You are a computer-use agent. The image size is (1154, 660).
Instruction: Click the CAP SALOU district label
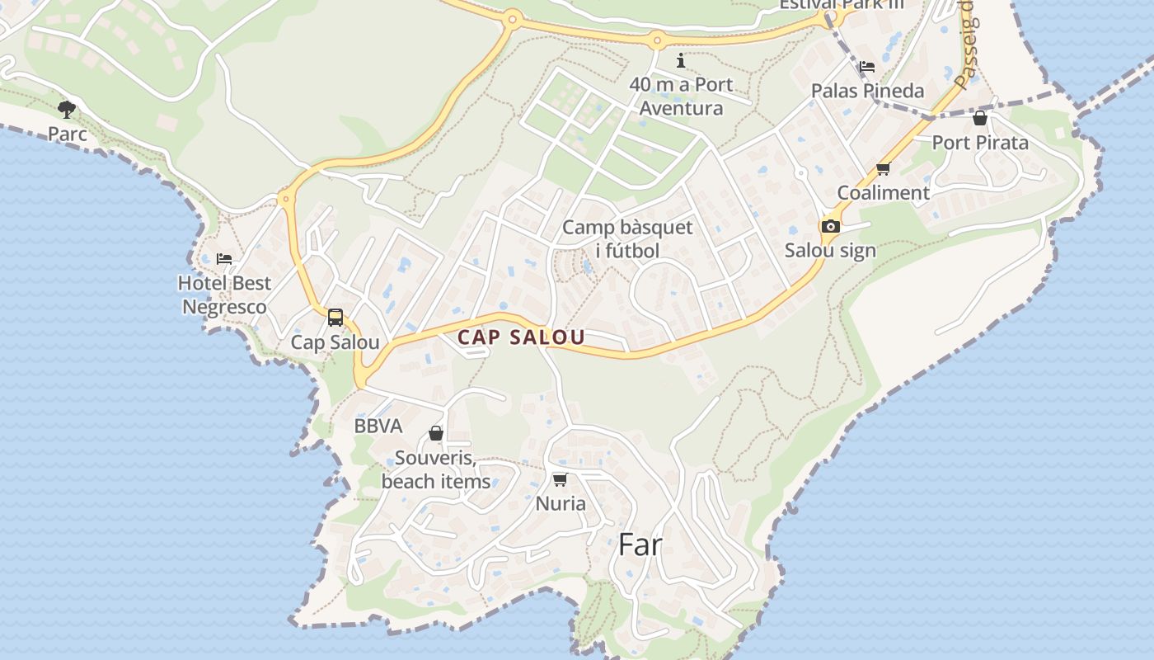click(x=521, y=337)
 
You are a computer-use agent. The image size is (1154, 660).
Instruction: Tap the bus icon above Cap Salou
click(x=335, y=318)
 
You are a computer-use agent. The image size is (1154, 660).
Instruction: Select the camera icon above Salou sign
click(x=830, y=226)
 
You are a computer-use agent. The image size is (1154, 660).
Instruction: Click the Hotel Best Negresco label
click(x=224, y=295)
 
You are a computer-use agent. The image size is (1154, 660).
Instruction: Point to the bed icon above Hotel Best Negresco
click(x=224, y=259)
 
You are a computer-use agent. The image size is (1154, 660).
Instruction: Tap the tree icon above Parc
click(x=67, y=109)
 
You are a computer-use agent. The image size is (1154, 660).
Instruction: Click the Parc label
click(x=67, y=134)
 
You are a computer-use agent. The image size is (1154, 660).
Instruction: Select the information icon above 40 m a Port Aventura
click(x=681, y=60)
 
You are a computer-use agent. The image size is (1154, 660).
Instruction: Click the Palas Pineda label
click(x=867, y=91)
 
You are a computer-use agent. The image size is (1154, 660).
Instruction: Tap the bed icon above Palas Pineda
click(x=866, y=67)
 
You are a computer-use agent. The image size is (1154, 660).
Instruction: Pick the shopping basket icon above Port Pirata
click(x=980, y=118)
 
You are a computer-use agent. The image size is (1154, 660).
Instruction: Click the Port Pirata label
click(x=980, y=143)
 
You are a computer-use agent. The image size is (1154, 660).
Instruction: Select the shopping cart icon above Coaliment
click(x=883, y=169)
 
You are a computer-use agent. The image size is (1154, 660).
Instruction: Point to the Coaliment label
click(x=883, y=193)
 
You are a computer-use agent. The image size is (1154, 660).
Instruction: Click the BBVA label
click(x=378, y=427)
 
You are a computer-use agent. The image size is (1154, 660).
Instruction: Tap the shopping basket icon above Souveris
click(x=436, y=433)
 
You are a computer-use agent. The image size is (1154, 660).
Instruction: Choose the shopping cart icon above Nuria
click(x=561, y=479)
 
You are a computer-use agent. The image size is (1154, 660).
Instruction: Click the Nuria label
click(x=561, y=503)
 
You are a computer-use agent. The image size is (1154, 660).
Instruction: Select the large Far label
click(x=640, y=544)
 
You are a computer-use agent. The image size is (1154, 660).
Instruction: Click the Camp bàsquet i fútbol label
click(x=627, y=238)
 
